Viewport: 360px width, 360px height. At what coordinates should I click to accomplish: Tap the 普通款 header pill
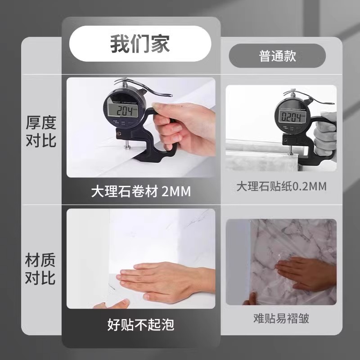pyautogui.click(x=277, y=56)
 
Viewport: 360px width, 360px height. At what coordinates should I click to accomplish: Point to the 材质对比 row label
pyautogui.click(x=40, y=269)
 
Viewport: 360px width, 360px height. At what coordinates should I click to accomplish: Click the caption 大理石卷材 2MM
pyautogui.click(x=140, y=192)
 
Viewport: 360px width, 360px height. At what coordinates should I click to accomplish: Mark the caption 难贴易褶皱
pyautogui.click(x=281, y=319)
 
